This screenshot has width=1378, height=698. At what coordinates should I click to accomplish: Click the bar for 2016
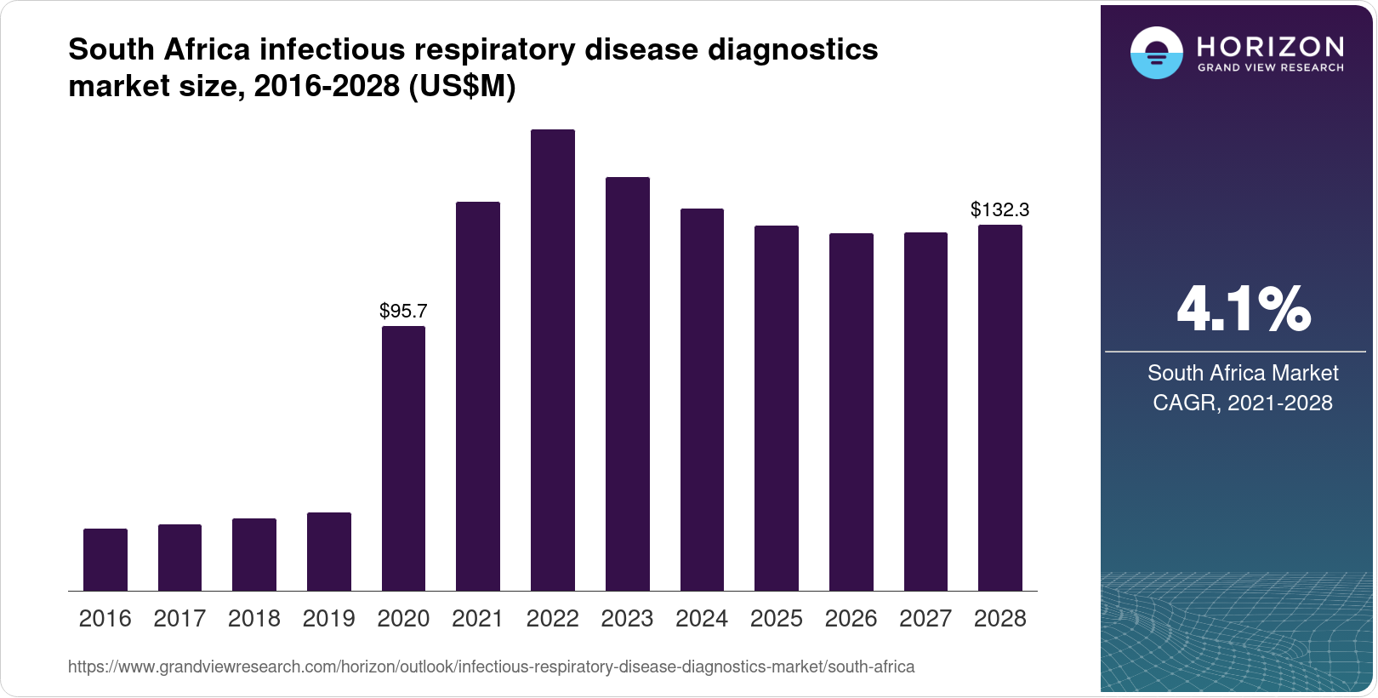pyautogui.click(x=105, y=559)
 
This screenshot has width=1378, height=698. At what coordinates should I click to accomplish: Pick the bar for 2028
pyautogui.click(x=1000, y=408)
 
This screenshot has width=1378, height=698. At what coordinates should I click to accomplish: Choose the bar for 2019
pyautogui.click(x=329, y=552)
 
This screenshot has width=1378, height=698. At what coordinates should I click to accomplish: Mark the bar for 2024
pyautogui.click(x=702, y=399)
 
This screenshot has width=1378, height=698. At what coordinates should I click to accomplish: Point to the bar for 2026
pyautogui.click(x=851, y=412)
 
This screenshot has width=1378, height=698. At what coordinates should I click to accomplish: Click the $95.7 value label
pyautogui.click(x=403, y=311)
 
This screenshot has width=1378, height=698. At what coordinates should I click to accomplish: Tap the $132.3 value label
pyautogui.click(x=1000, y=209)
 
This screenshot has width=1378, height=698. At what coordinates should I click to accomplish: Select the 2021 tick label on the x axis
pyautogui.click(x=478, y=619)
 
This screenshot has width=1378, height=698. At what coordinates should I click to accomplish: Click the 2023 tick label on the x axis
pyautogui.click(x=627, y=619)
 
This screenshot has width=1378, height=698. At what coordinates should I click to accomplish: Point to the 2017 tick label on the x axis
pyautogui.click(x=179, y=619)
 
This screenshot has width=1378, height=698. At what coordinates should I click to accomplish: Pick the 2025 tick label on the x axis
pyautogui.click(x=777, y=619)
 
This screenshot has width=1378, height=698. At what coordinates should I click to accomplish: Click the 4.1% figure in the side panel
pyautogui.click(x=1243, y=309)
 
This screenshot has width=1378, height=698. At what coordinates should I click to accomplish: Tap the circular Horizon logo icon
pyautogui.click(x=1156, y=54)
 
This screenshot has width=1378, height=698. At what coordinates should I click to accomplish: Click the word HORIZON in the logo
pyautogui.click(x=1271, y=46)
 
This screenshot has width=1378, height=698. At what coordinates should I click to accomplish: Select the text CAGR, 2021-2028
pyautogui.click(x=1243, y=403)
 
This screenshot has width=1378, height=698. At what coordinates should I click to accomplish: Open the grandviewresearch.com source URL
pyautogui.click(x=491, y=667)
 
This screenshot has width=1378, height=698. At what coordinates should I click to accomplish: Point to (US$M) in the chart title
pyautogui.click(x=463, y=86)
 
